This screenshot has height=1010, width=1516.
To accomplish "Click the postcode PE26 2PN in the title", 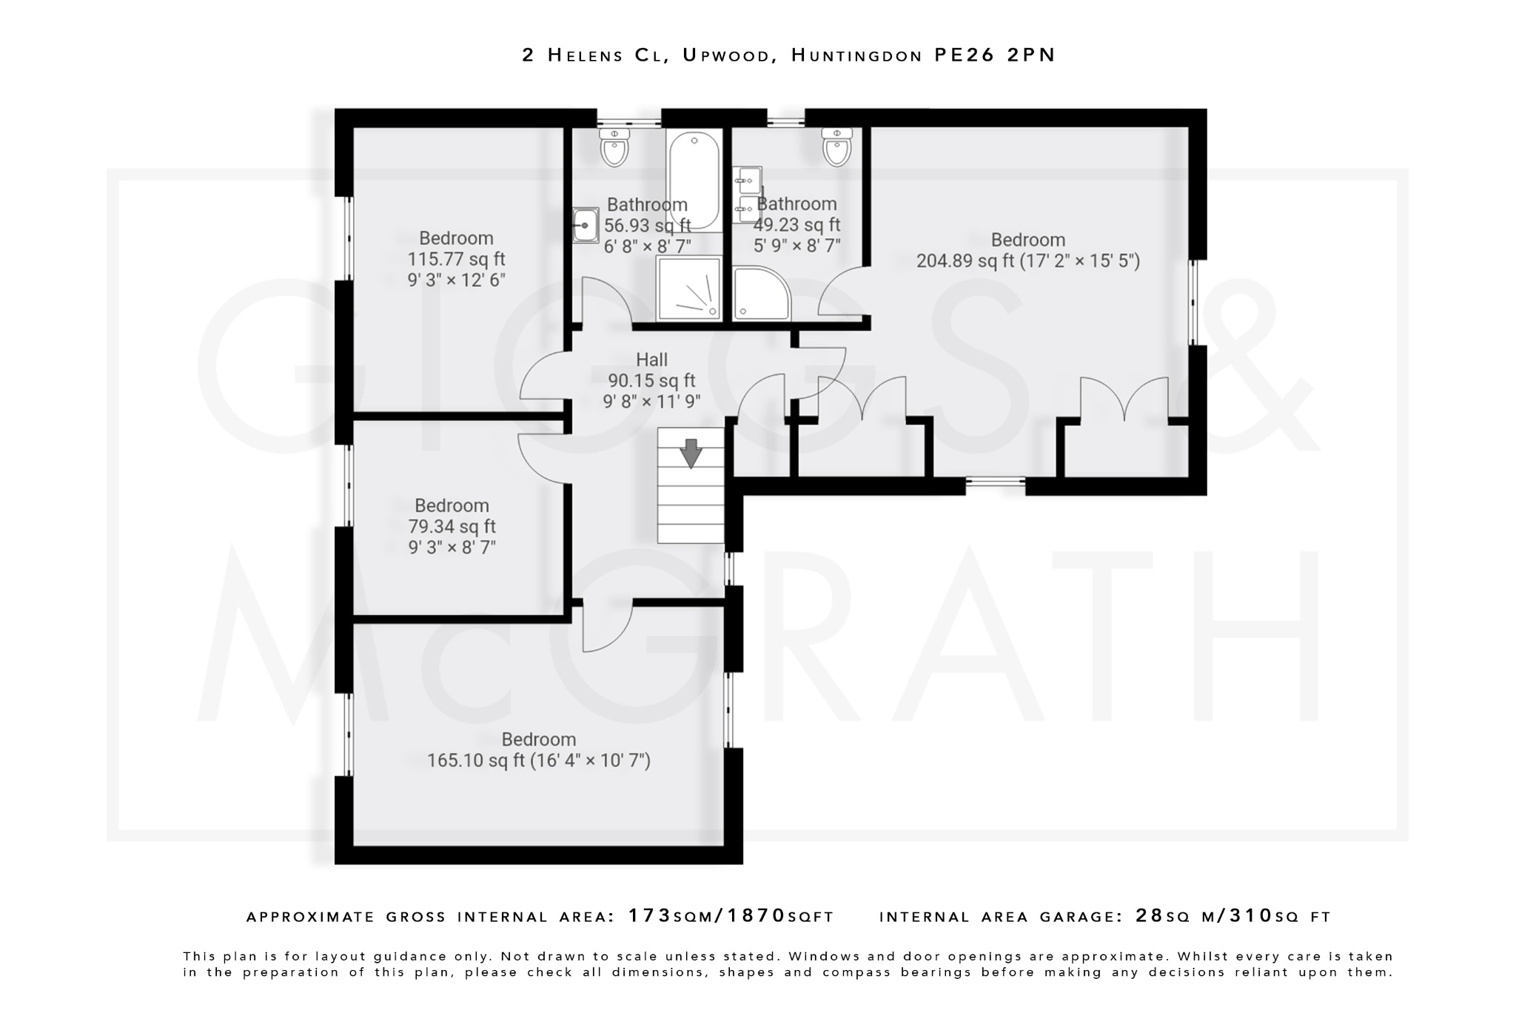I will tap(994, 55).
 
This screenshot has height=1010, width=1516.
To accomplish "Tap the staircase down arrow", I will tap(691, 453).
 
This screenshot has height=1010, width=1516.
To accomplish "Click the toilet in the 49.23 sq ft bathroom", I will tap(836, 148).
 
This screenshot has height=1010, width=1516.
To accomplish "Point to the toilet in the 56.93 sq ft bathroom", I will tap(614, 148).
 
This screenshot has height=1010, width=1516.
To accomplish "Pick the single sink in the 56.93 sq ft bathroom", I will tap(585, 225).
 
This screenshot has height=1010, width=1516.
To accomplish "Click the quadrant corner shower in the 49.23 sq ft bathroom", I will tap(760, 294).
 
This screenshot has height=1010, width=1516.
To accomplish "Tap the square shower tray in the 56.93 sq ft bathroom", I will tap(688, 289).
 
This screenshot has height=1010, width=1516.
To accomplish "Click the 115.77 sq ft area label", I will tap(456, 259).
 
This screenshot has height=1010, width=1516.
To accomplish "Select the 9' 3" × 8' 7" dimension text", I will tap(452, 548).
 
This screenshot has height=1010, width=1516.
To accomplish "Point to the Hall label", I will tap(651, 360).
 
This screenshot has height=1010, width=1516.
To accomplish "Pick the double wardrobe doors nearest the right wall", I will tap(1124, 400).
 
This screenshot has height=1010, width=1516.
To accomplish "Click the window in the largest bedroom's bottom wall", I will tap(995, 485).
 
